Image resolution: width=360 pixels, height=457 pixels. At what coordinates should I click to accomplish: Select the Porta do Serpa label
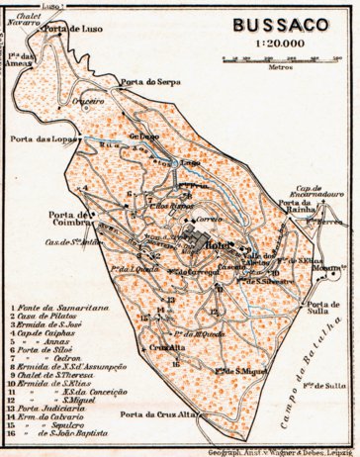(147, 80)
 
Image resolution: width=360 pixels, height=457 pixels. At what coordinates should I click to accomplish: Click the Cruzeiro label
(90, 101)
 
